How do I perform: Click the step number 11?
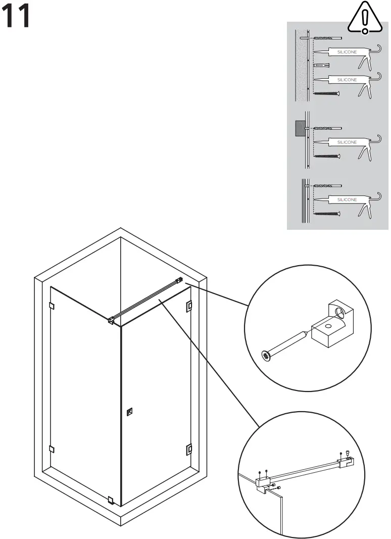[17, 17]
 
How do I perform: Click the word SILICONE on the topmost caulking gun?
[347, 52]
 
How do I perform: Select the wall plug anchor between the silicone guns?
[321, 66]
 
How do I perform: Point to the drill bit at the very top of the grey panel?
[327, 38]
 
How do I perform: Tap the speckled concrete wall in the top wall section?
[302, 66]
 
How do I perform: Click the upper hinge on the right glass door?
[189, 306]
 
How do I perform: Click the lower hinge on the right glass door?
[189, 448]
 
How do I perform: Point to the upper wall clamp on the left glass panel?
[52, 305]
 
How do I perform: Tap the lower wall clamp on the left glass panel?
[52, 449]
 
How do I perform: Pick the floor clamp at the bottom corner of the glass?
[111, 500]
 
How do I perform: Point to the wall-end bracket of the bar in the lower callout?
[346, 461]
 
